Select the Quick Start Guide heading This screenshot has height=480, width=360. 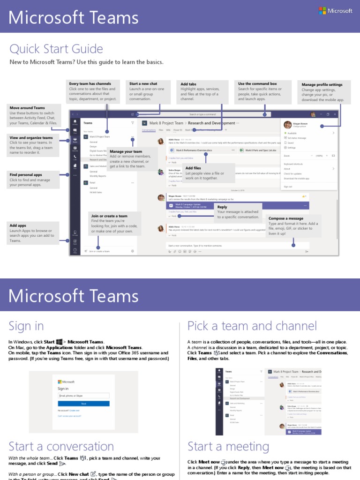coord(56,49)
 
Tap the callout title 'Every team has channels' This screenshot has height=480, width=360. coord(90,83)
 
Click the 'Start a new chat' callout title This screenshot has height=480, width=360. coord(143,83)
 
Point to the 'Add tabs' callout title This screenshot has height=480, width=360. coord(188,84)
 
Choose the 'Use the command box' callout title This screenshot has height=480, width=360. coord(257,83)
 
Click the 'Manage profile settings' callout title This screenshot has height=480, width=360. coord(322,85)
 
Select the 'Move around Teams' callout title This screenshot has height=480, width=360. coord(27,108)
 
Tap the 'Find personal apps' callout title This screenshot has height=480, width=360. coord(26,175)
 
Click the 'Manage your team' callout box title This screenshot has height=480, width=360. coord(126,151)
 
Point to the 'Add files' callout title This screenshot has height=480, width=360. coord(193,168)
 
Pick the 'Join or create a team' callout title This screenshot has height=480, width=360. coord(109,216)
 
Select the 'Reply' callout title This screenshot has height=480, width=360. coord(222,207)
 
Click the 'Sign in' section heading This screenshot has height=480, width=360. coord(26,326)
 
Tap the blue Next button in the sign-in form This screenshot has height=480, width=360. coord(83,403)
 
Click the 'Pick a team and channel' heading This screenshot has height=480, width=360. coord(252,326)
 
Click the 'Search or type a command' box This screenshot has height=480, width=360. coord(202,114)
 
